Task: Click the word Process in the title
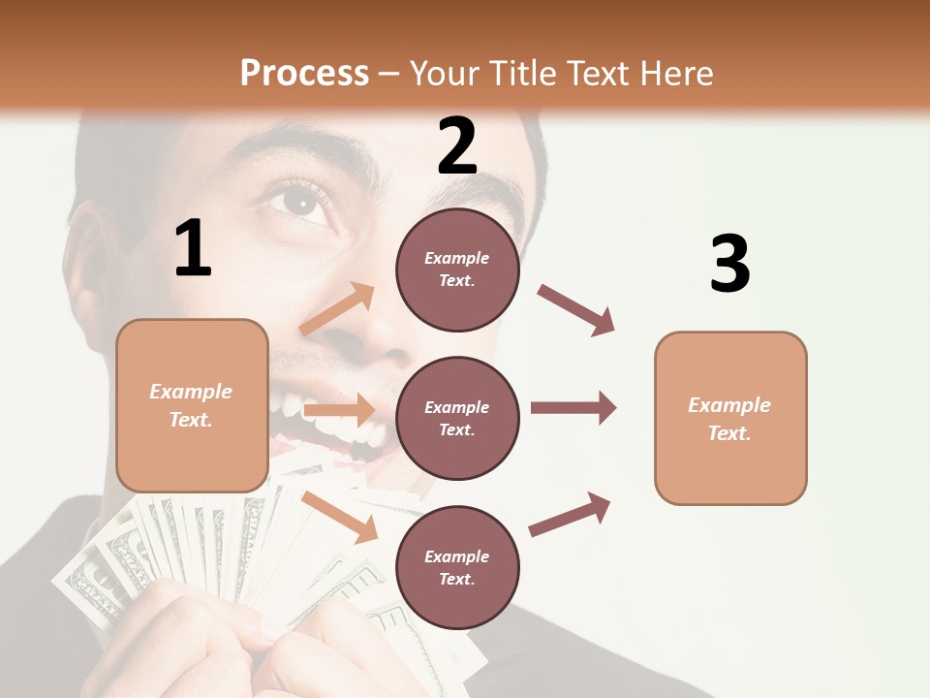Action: [x=304, y=74]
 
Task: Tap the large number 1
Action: [x=193, y=249]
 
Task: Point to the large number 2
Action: [x=457, y=146]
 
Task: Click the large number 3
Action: [x=729, y=264]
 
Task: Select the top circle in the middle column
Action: [x=457, y=270]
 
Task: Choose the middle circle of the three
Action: [x=457, y=418]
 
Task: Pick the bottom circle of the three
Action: [x=457, y=567]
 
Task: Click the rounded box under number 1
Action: [x=192, y=405]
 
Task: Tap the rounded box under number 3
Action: [x=730, y=418]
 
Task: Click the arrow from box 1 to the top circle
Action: [x=338, y=309]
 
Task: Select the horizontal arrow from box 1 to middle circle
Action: [x=339, y=410]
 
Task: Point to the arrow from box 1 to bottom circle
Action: [x=340, y=517]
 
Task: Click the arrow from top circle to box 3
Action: [x=576, y=310]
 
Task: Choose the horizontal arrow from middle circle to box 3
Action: [x=573, y=408]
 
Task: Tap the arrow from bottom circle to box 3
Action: [x=571, y=514]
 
